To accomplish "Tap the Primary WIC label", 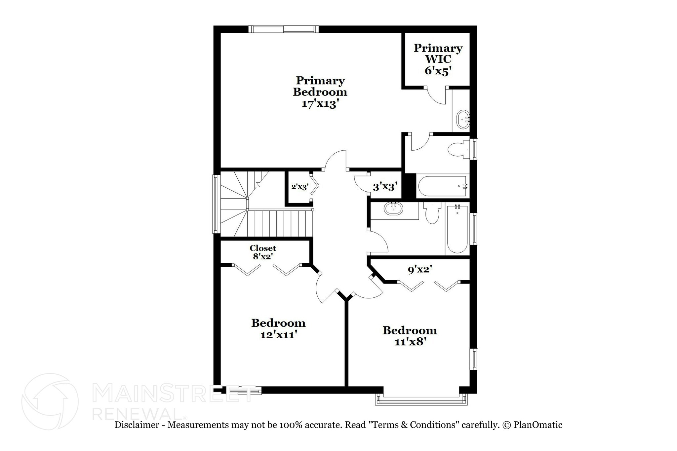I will tap(438, 54).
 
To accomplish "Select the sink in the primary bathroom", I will tap(463, 120).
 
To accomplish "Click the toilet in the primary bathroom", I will tap(458, 149).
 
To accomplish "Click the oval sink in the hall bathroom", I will tap(393, 209).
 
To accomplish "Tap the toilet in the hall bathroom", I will tap(432, 213).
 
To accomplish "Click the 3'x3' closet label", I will tap(385, 187).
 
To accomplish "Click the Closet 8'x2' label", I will tap(263, 252).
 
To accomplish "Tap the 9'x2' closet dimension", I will tap(420, 270).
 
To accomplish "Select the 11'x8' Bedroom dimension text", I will tap(410, 342).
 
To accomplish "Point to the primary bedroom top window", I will tap(284, 29).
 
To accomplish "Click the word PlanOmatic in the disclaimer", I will tap(538, 425).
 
